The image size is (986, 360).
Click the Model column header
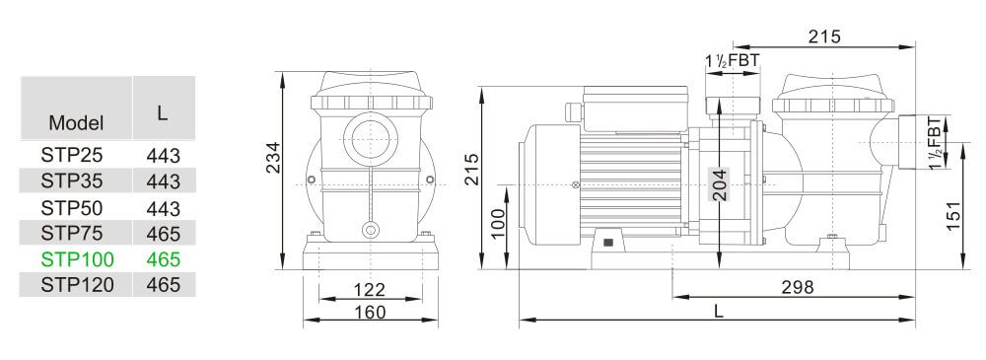[x=76, y=123]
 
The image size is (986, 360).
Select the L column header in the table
[x=163, y=112]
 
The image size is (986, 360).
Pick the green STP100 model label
[x=78, y=259]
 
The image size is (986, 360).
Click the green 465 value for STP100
[x=163, y=259]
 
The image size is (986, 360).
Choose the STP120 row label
[x=78, y=285]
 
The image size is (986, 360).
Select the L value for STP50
[x=163, y=208]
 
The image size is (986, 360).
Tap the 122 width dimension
[x=369, y=290]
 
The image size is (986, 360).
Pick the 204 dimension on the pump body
[x=720, y=182]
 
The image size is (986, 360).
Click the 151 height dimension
[x=952, y=215]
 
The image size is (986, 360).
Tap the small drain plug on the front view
[x=371, y=230]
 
